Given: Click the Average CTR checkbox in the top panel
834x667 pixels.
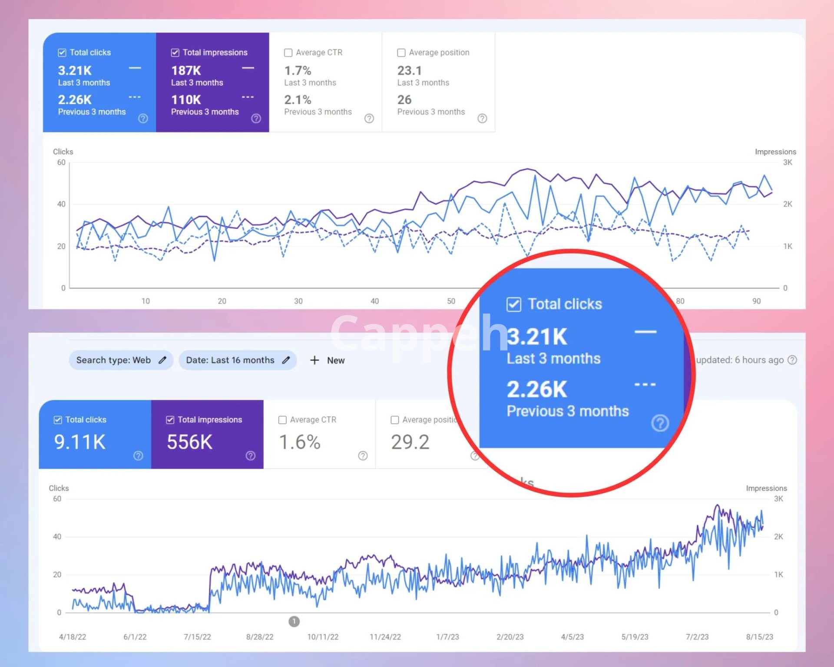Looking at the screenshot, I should click(x=288, y=53).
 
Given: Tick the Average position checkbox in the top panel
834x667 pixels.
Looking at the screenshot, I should click(x=401, y=53).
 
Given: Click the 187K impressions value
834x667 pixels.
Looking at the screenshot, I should click(x=186, y=70).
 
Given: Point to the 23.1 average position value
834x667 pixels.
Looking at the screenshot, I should click(x=409, y=70).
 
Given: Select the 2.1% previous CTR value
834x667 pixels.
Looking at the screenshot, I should click(x=298, y=100).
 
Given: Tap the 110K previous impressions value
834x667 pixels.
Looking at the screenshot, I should click(x=186, y=100).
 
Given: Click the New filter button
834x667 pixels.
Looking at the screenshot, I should click(x=328, y=360).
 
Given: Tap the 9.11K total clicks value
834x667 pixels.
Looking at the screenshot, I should click(x=80, y=442).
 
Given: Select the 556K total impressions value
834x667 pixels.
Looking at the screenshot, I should click(x=190, y=442).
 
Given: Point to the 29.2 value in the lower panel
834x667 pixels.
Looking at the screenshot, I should click(x=410, y=442).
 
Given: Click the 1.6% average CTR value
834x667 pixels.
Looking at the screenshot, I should click(x=300, y=442).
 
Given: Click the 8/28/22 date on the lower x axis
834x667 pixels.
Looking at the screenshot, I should click(x=260, y=637).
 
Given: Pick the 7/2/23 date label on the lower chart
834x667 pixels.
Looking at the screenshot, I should click(x=697, y=637).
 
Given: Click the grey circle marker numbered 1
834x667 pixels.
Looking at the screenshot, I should click(x=294, y=621).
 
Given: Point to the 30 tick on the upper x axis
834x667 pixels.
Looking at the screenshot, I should click(x=298, y=301).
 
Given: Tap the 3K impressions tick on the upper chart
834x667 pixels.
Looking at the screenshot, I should click(x=788, y=162).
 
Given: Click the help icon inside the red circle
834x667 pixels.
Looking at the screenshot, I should click(x=660, y=423).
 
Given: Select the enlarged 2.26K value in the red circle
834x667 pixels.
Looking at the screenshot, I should click(x=537, y=389).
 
